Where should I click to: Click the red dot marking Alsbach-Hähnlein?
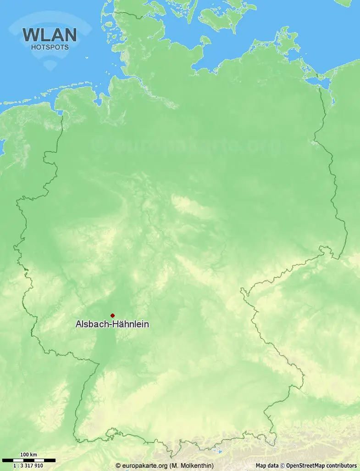click(x=112, y=315)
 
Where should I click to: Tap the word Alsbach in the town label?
click(x=90, y=325)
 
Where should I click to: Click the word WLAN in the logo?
click(x=50, y=35)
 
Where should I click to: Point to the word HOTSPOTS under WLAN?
click(x=50, y=47)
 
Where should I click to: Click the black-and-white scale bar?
click(x=28, y=460)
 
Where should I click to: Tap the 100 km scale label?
click(x=28, y=455)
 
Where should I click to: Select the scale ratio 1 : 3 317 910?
click(x=28, y=465)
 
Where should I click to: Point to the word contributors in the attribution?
click(x=341, y=465)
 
